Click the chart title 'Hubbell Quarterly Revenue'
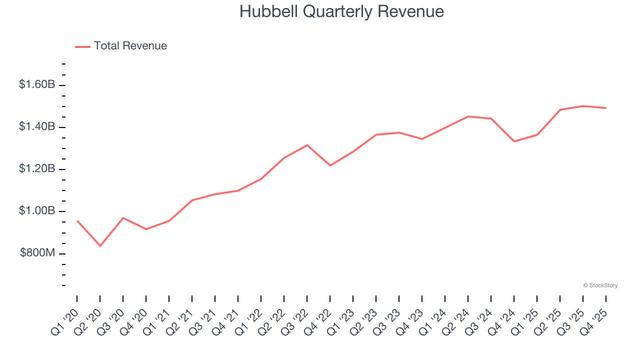pos(341,11)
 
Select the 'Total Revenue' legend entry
pos(130,46)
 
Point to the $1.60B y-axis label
pos(37,84)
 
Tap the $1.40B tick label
pos(37,127)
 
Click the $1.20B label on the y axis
pos(37,169)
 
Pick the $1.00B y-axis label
pos(37,211)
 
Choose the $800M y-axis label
pos(37,253)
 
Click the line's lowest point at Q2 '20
pos(100,246)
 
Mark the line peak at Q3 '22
pos(307,145)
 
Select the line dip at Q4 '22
pos(330,165)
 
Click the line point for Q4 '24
pos(514,141)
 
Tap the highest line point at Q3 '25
pos(583,106)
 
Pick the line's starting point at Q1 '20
pos(77,220)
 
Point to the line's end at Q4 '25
pos(606,108)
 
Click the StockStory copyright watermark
pos(600,285)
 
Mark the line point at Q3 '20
pos(123,218)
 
